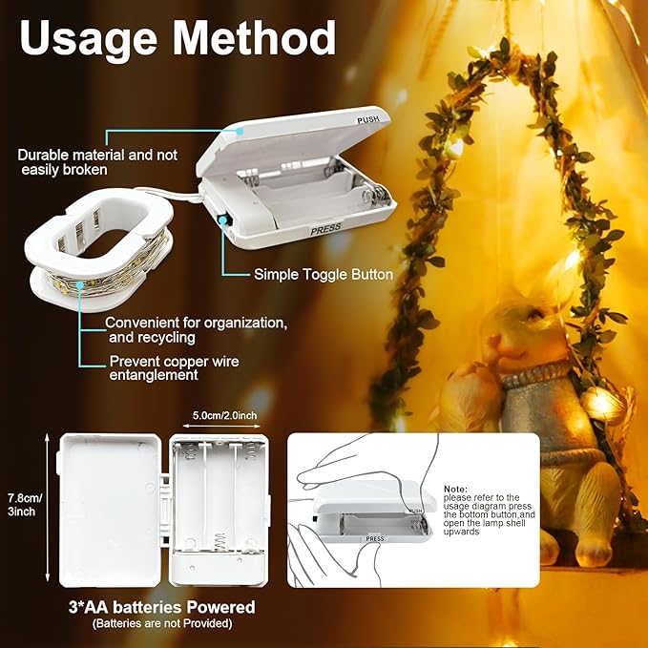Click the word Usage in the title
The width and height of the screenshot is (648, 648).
87,39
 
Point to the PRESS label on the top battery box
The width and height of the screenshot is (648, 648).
325,229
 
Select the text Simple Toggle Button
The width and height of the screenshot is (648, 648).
323,274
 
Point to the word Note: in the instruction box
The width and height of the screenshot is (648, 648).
456,488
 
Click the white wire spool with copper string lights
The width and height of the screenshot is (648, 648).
94,259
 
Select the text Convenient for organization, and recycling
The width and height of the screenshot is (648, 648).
196,329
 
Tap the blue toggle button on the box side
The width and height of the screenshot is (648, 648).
222,219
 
